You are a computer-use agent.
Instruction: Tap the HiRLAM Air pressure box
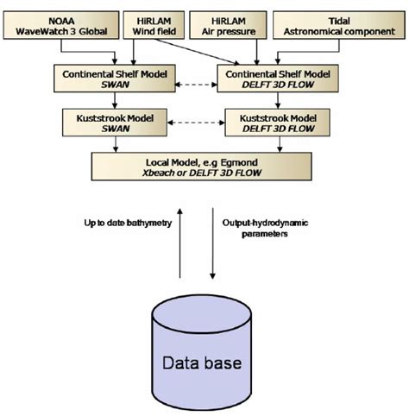click(235, 26)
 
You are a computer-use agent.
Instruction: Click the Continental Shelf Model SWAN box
click(106, 79)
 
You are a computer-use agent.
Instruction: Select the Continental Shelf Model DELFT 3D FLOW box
click(278, 79)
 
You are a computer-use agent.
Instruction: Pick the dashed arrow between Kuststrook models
click(191, 122)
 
